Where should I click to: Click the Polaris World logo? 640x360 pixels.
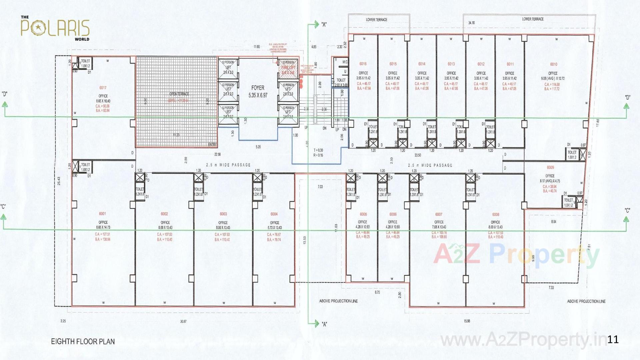click(x=55, y=28)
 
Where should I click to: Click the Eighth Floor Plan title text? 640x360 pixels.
click(x=83, y=342)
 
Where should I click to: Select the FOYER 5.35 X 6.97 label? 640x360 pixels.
click(x=258, y=91)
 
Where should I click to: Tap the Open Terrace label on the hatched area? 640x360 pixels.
click(x=179, y=94)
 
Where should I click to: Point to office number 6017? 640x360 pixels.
click(x=103, y=88)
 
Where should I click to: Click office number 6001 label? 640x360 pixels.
click(x=102, y=214)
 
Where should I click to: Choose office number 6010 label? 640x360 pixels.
click(x=553, y=64)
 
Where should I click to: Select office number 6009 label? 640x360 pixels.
click(x=550, y=168)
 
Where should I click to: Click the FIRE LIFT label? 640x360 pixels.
click(x=288, y=68)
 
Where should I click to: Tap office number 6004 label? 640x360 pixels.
click(x=274, y=214)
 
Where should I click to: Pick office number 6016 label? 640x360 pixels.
click(x=363, y=64)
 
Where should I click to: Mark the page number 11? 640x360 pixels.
click(x=613, y=340)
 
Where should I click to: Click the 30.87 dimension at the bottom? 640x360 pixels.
click(x=183, y=322)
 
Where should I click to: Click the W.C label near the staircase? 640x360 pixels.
click(x=345, y=62)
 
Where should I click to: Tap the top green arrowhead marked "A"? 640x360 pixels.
click(x=316, y=24)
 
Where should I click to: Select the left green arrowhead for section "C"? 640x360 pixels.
click(x=3, y=217)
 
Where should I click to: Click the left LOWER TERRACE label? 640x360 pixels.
click(x=376, y=20)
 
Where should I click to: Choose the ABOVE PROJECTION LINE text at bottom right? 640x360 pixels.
click(x=586, y=301)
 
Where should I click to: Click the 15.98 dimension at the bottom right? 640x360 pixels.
click(x=467, y=321)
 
